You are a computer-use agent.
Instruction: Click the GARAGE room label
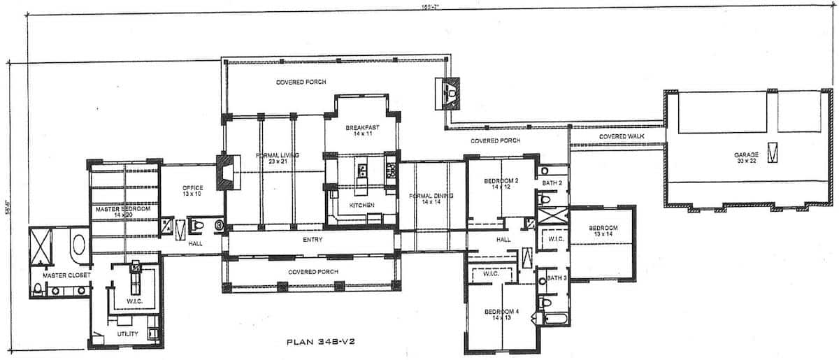tap(745, 155)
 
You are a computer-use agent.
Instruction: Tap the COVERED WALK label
tap(621, 136)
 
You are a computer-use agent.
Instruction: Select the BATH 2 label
tap(552, 183)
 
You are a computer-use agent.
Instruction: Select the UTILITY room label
tap(127, 334)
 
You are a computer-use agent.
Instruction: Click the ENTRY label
tap(312, 240)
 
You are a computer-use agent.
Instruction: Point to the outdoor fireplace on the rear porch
tap(447, 92)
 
